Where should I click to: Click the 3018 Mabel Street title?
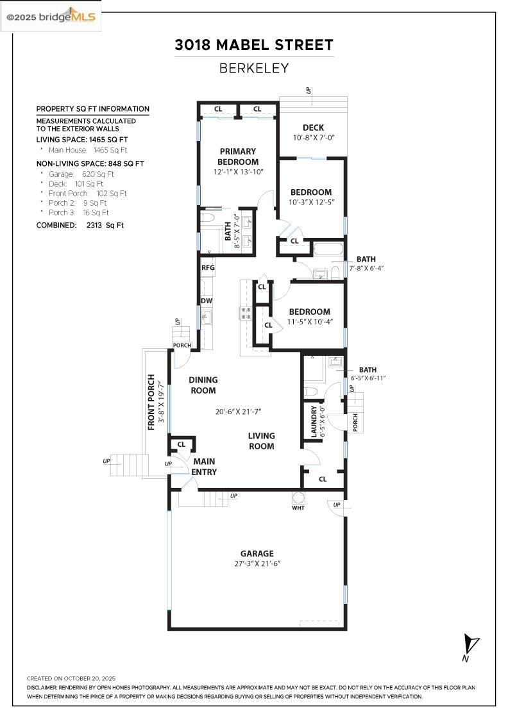click(x=254, y=45)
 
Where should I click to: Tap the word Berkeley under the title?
click(x=254, y=68)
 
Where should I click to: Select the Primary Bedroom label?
click(x=238, y=156)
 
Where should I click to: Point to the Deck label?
click(x=314, y=128)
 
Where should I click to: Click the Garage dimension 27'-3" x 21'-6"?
click(x=257, y=564)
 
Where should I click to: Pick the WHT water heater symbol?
click(x=298, y=497)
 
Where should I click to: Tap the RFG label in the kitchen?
click(x=208, y=268)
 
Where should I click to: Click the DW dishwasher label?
click(x=207, y=301)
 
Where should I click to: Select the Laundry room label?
click(x=314, y=421)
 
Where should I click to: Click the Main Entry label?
click(x=205, y=467)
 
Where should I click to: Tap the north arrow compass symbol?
click(x=472, y=644)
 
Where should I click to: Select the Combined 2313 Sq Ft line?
click(x=80, y=225)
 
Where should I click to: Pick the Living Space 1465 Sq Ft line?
click(x=82, y=139)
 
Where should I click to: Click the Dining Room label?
click(x=203, y=385)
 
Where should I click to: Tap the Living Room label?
click(x=261, y=441)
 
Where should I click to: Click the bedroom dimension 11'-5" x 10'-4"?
click(x=310, y=322)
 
